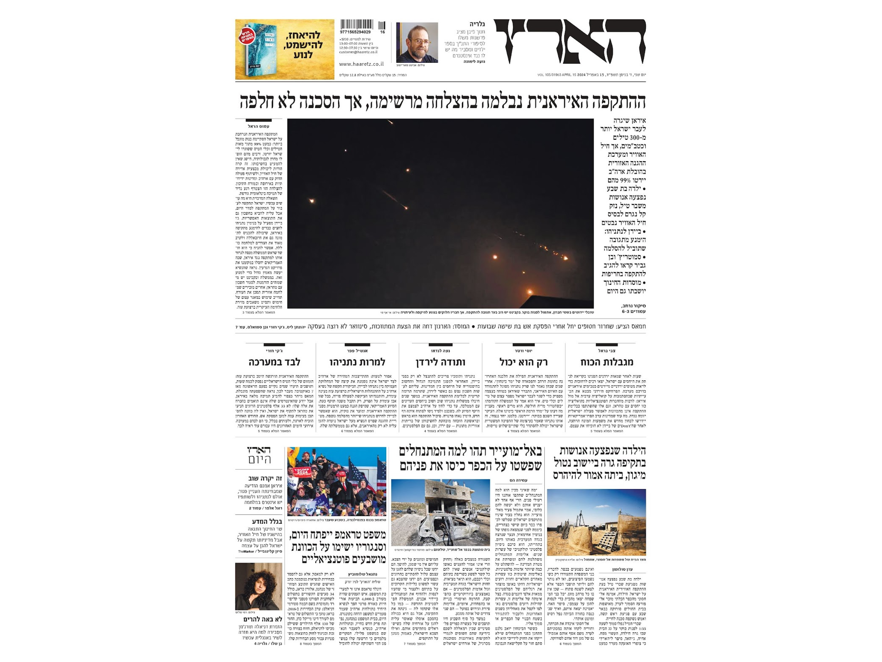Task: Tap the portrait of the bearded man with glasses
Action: point(417,42)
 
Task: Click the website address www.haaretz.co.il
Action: point(361,64)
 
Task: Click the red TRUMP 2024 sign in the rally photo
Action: point(301,472)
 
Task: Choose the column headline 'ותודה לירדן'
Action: point(440,362)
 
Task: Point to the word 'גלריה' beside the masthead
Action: point(477,24)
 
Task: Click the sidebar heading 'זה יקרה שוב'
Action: point(265,478)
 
